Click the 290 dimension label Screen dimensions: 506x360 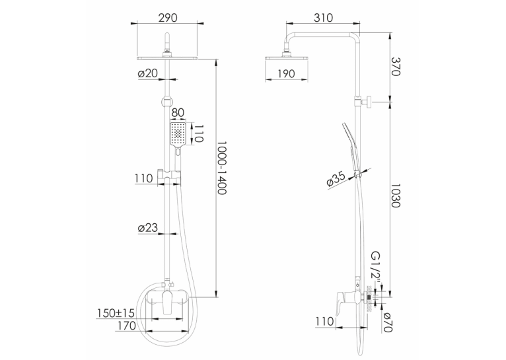168,18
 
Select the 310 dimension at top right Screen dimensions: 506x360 323,18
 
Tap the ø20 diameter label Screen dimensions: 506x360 148,73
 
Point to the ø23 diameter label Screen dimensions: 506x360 148,228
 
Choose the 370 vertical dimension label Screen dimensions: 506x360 395,67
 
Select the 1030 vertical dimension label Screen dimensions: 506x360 395,196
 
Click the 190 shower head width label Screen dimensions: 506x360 286,74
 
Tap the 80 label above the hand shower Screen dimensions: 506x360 178,112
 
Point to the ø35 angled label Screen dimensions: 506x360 336,180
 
